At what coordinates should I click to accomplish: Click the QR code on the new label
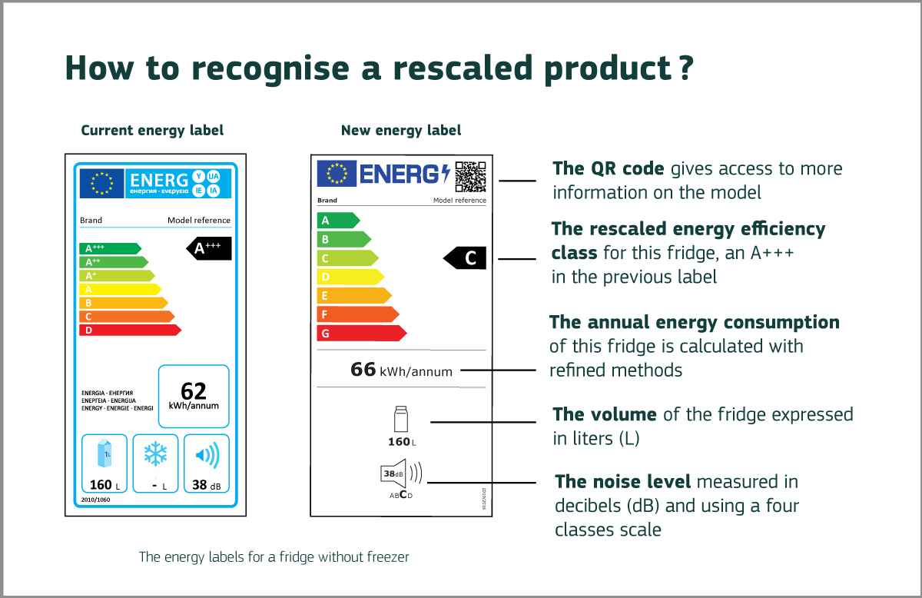470,176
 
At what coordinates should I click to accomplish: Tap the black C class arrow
466,259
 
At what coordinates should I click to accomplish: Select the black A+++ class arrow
209,248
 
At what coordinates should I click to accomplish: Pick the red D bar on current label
128,330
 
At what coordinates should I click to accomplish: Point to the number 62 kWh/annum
194,393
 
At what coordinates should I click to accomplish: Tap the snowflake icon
155,455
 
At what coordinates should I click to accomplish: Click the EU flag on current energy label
101,183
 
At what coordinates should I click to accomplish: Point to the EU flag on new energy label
337,174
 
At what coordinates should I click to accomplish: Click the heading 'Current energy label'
152,131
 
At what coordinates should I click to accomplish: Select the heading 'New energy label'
401,131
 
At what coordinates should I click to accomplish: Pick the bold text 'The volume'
604,415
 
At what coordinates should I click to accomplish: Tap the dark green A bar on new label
337,220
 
